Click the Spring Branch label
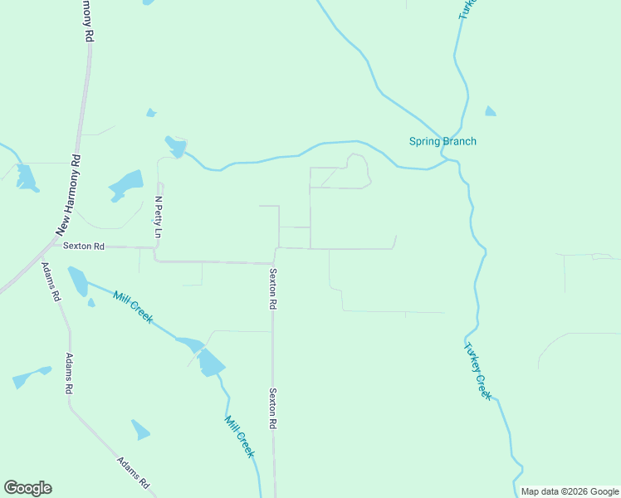tap(443, 141)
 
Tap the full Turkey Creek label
tap(478, 372)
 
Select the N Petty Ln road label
tap(159, 217)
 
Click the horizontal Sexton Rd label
tap(84, 247)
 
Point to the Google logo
tap(27, 488)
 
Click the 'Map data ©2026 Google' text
tap(570, 491)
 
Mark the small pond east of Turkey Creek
tap(491, 111)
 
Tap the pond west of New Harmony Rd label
tap(27, 177)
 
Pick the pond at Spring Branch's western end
tap(176, 147)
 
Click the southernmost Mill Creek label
tap(239, 435)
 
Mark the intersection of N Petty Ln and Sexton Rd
tap(156, 247)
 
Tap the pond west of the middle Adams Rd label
tap(31, 377)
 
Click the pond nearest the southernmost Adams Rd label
tap(140, 430)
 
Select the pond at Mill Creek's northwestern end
tap(77, 281)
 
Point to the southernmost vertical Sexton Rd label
tap(271, 408)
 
